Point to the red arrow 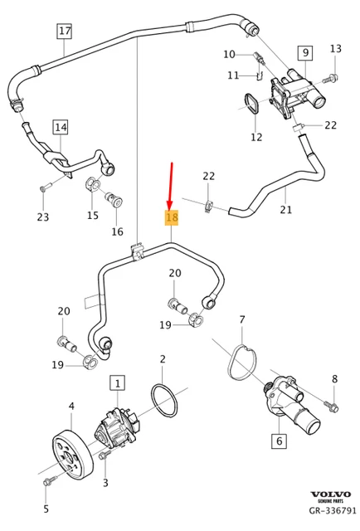[171, 185]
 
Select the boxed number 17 [65, 32]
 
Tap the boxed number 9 [304, 53]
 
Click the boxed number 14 [61, 127]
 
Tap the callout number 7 [241, 319]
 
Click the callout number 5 [46, 509]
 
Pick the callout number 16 [117, 231]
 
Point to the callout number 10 [229, 55]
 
